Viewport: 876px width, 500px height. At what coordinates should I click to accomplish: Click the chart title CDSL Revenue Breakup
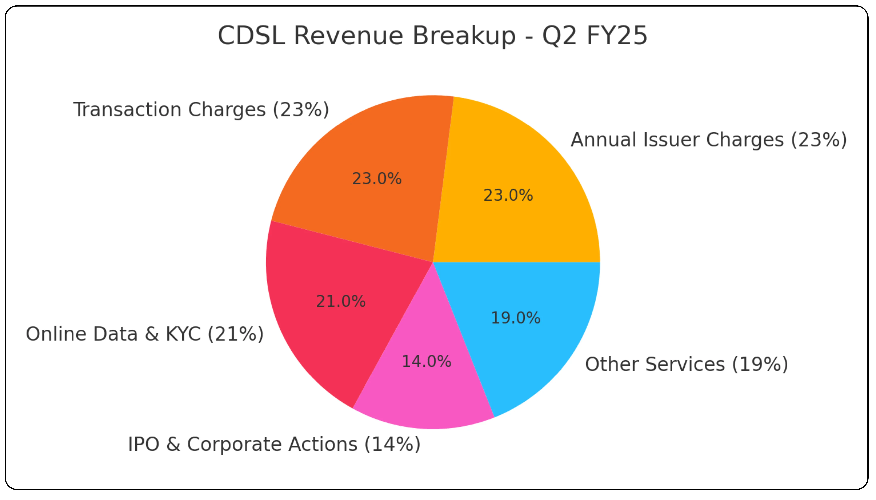click(x=432, y=35)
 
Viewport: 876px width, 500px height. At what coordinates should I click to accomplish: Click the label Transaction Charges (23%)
click(x=201, y=110)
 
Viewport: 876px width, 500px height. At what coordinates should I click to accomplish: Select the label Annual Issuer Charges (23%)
click(x=709, y=140)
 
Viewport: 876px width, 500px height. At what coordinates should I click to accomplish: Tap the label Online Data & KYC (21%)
click(x=145, y=334)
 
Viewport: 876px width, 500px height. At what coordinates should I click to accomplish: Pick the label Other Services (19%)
click(x=686, y=364)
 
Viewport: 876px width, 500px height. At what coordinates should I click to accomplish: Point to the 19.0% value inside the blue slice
click(x=515, y=318)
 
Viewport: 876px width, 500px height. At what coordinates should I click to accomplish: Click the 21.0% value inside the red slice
click(x=341, y=301)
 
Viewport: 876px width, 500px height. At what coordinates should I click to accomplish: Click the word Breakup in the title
click(x=464, y=35)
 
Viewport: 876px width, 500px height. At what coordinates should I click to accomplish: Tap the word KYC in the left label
click(x=183, y=334)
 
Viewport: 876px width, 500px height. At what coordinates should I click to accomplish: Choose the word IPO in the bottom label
click(x=144, y=444)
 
